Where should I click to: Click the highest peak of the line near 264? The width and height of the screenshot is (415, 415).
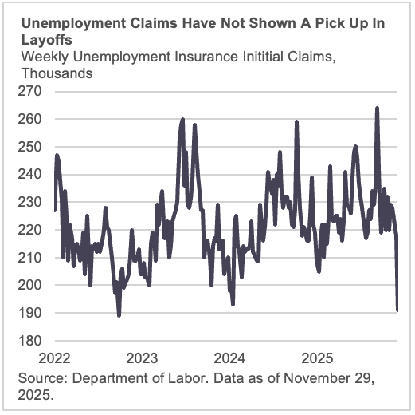[377, 108]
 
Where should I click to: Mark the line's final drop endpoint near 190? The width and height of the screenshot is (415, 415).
[397, 310]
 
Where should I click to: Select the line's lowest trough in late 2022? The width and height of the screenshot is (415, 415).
[119, 315]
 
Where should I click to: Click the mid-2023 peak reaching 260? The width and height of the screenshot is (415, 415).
[182, 119]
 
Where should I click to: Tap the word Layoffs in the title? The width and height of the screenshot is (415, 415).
[46, 39]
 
